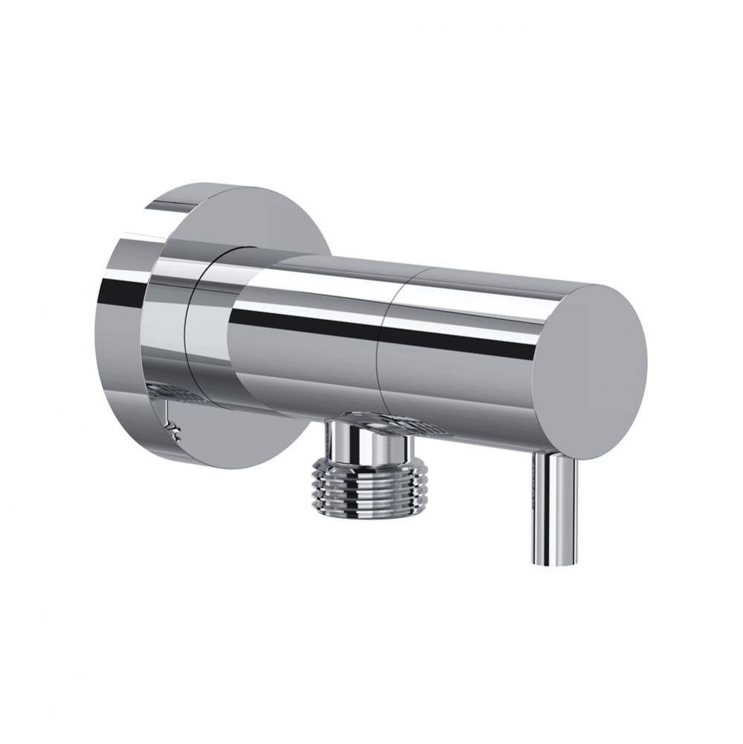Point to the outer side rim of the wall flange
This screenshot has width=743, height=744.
(119, 327)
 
